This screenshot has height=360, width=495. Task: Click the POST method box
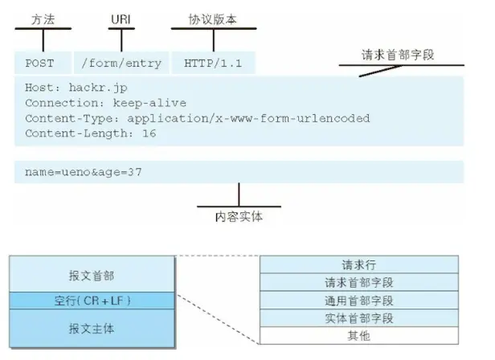[39, 63]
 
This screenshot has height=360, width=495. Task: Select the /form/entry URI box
[121, 63]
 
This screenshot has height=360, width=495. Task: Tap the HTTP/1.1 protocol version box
[213, 63]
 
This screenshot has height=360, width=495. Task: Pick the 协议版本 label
[212, 17]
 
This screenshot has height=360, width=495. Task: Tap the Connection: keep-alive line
[105, 103]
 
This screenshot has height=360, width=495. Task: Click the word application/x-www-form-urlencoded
[248, 118]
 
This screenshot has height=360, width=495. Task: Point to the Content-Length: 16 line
[90, 133]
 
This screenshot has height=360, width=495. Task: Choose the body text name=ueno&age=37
[84, 172]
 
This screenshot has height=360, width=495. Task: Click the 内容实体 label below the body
[239, 216]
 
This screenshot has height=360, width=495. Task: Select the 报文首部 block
[92, 276]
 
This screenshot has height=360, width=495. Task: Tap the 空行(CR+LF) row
[92, 301]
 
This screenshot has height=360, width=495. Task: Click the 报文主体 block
[92, 328]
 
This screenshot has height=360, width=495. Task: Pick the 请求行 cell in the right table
[358, 264]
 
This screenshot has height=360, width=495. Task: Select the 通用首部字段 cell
[358, 300]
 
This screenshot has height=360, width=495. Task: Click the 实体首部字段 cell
[358, 317]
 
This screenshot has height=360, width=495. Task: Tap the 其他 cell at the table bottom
[358, 335]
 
